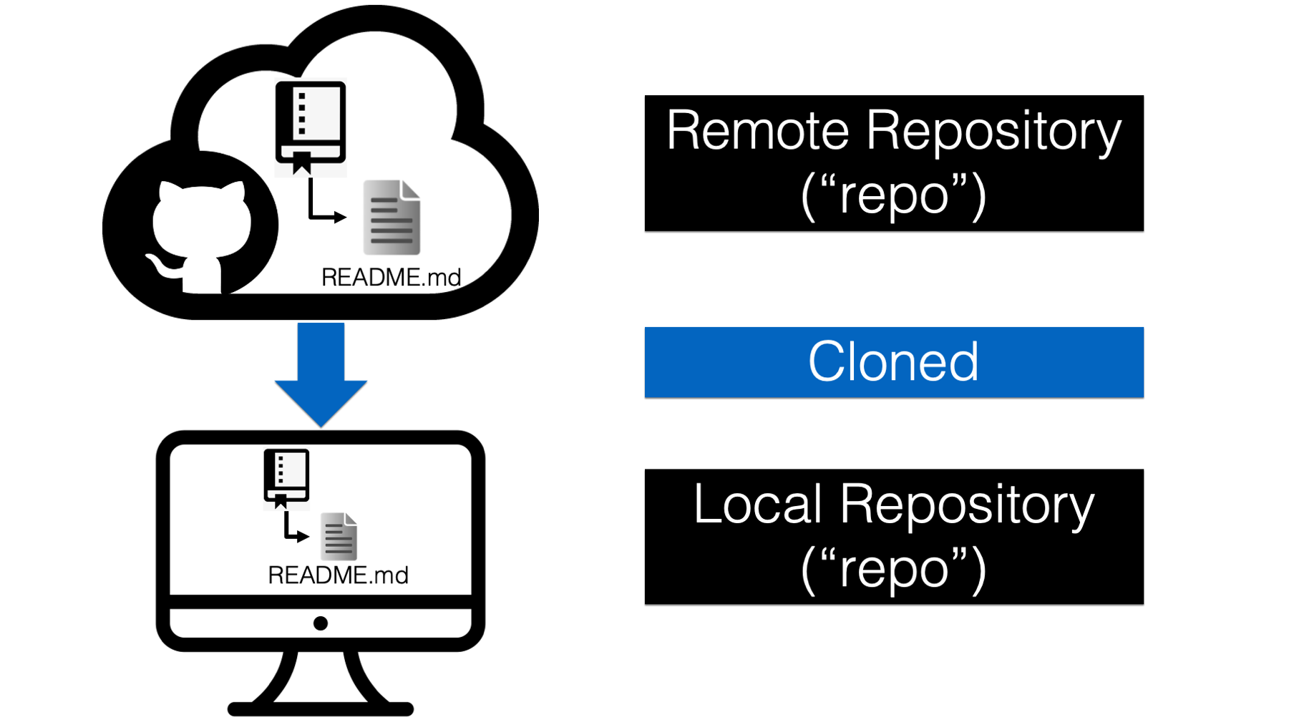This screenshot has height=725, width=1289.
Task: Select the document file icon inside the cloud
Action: (x=391, y=218)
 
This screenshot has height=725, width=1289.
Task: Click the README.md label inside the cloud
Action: (x=391, y=277)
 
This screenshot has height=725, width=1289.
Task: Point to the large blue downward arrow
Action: (x=321, y=374)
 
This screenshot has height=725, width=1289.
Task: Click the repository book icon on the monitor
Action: (x=286, y=478)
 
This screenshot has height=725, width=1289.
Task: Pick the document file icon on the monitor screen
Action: (x=339, y=536)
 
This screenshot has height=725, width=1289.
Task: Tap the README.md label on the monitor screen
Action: (x=338, y=575)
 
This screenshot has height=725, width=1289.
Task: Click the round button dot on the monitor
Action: (x=321, y=623)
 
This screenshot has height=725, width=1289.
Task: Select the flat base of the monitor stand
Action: (x=321, y=709)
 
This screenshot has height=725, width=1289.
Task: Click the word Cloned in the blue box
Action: (x=893, y=361)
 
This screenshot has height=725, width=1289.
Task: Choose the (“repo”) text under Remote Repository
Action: (x=894, y=194)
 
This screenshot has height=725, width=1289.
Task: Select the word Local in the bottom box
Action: (x=758, y=504)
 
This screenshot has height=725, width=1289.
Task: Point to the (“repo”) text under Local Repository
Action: (x=894, y=568)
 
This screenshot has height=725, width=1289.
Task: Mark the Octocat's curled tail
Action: (x=163, y=265)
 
